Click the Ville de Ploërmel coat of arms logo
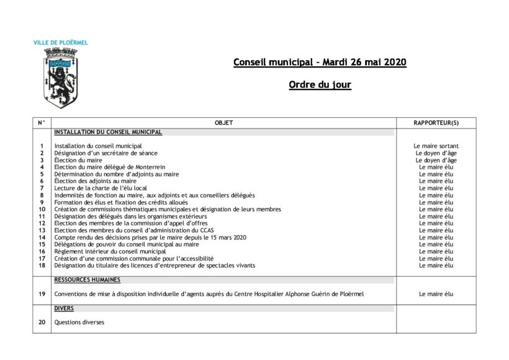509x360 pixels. coord(60,77)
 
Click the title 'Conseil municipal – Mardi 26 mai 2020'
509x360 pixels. coord(320,63)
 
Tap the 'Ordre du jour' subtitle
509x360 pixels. coord(320,85)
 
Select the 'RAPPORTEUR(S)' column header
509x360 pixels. coord(436,123)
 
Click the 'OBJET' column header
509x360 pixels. coord(223,123)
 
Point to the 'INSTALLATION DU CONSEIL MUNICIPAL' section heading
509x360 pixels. coord(108,132)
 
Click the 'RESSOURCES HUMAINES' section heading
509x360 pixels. coord(87,280)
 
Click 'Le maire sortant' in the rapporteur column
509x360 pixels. coord(436,146)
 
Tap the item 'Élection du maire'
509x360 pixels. coord(78,160)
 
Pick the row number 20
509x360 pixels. coord(42,322)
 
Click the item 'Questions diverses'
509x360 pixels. coord(79,322)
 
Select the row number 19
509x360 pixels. coord(42,294)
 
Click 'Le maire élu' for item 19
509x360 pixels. coord(436,294)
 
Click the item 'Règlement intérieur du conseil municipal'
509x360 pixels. coord(110,251)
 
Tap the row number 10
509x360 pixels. coord(42,209)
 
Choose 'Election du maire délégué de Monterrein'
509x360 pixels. coord(110,167)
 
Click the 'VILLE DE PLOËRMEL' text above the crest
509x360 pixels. coord(60,43)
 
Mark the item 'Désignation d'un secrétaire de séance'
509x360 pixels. coord(106,153)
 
